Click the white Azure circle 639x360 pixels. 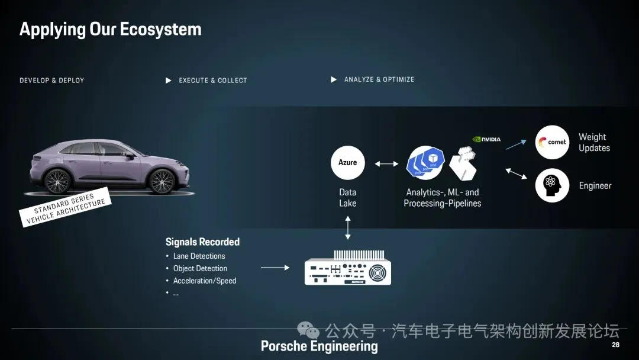348,162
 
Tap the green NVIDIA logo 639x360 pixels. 486,140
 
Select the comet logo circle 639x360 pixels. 552,142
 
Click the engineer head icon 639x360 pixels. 552,185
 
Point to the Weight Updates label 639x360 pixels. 594,143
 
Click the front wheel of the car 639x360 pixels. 161,181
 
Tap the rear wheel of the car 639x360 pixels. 58,181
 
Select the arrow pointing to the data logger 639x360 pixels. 275,268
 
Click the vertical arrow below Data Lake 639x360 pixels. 348,228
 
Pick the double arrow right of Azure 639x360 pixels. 386,163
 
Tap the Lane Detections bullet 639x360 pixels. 199,256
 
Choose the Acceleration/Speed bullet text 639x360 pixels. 205,281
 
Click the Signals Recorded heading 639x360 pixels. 202,242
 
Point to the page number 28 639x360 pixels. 615,345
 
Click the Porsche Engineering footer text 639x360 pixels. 319,346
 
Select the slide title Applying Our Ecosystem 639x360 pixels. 111,29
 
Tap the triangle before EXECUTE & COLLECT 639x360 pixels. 169,81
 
